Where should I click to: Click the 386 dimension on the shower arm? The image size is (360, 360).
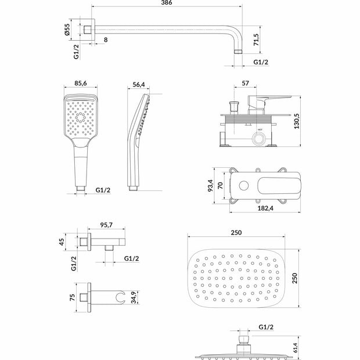tap(167, 2)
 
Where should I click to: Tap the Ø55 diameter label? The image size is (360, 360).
tap(67, 30)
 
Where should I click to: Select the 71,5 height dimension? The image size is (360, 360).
tap(256, 39)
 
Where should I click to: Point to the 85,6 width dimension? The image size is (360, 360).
tap(81, 83)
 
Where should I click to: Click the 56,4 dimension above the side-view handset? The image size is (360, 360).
tap(139, 85)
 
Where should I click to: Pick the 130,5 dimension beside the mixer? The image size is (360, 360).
tap(297, 121)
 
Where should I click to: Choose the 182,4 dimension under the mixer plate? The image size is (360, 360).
tap(265, 208)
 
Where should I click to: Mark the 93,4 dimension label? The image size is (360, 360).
tap(210, 185)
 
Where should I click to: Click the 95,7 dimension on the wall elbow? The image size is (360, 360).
tap(106, 225)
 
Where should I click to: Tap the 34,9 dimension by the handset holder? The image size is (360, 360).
tap(134, 297)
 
